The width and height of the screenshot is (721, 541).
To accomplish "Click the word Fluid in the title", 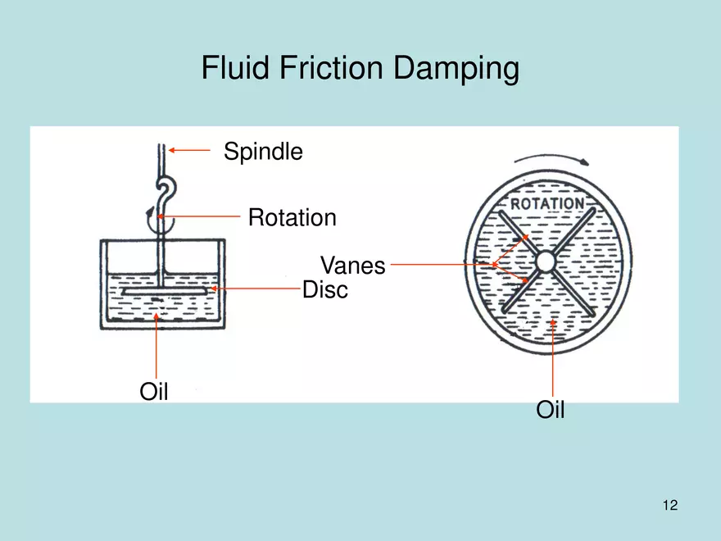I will click(229, 68).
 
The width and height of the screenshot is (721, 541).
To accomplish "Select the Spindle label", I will click(263, 152).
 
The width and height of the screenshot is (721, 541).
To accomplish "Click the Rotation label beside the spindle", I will click(292, 218).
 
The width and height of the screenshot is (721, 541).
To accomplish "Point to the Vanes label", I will click(352, 266).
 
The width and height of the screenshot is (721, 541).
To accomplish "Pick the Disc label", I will click(325, 289).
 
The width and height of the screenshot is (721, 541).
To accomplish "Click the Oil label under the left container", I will click(153, 392).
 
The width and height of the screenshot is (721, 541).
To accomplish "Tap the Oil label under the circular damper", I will click(551, 409).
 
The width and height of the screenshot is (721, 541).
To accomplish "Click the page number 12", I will click(670, 505).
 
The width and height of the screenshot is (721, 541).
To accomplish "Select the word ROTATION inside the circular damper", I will click(547, 203).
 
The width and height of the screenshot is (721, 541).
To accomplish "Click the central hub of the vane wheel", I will click(546, 261).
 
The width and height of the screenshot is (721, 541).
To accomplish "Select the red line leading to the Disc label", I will click(258, 289).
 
